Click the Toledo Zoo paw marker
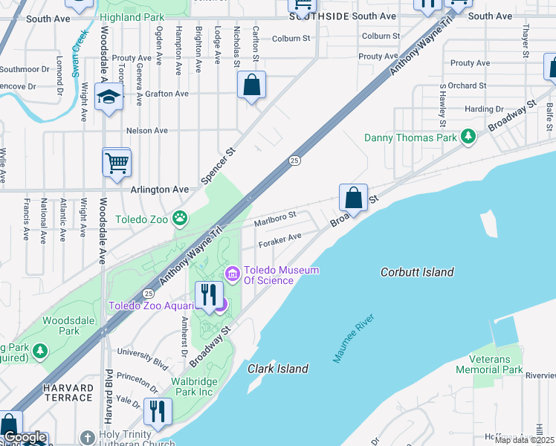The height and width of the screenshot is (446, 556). [180, 219]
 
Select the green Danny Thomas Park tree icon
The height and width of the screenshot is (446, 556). [468, 137]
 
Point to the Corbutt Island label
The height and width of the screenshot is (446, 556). [416, 272]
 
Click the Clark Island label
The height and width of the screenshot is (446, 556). [277, 369]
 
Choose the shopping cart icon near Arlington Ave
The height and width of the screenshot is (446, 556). [117, 163]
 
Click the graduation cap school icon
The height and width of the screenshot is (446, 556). [109, 98]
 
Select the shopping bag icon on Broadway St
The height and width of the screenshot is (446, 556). [354, 198]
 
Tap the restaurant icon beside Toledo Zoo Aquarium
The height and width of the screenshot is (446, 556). [209, 294]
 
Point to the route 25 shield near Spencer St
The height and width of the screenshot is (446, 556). [294, 160]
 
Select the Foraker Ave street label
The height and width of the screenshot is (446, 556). [279, 240]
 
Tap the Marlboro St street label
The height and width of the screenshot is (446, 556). [275, 219]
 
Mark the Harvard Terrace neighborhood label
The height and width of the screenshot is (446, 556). [68, 392]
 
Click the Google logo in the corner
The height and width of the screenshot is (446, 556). [25, 437]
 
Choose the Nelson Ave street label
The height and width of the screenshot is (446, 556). [147, 130]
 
